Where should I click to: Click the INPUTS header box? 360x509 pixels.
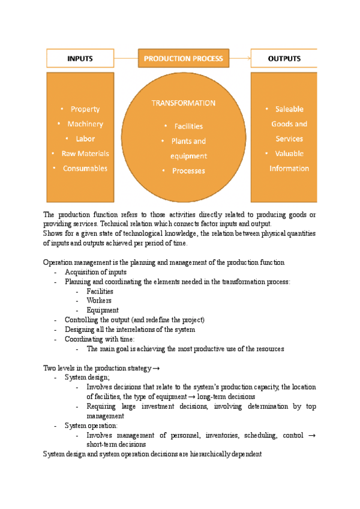[x=80, y=59]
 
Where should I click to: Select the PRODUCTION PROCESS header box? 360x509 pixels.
[x=183, y=59]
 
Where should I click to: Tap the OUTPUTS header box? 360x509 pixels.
[x=284, y=59]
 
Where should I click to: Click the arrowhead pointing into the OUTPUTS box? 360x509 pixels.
[x=248, y=59]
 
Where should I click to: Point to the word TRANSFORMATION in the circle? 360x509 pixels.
[x=183, y=103]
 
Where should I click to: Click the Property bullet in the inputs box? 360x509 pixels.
[x=85, y=109]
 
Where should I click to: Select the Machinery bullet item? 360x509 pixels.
[x=85, y=124]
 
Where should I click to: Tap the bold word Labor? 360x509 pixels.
[x=85, y=139]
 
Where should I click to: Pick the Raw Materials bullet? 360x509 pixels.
[x=85, y=154]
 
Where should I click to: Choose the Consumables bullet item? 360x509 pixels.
[x=85, y=169]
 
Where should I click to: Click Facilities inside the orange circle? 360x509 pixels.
[x=188, y=127]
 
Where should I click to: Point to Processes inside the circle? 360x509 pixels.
[x=188, y=171]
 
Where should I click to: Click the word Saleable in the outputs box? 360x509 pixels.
[x=289, y=109]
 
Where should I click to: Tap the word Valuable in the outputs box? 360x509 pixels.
[x=289, y=154]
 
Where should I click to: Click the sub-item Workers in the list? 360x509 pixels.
[x=99, y=301]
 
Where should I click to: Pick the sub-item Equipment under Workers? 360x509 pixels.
[x=102, y=310]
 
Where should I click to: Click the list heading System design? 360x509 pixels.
[x=87, y=378]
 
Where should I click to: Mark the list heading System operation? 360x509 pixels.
[x=91, y=426]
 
